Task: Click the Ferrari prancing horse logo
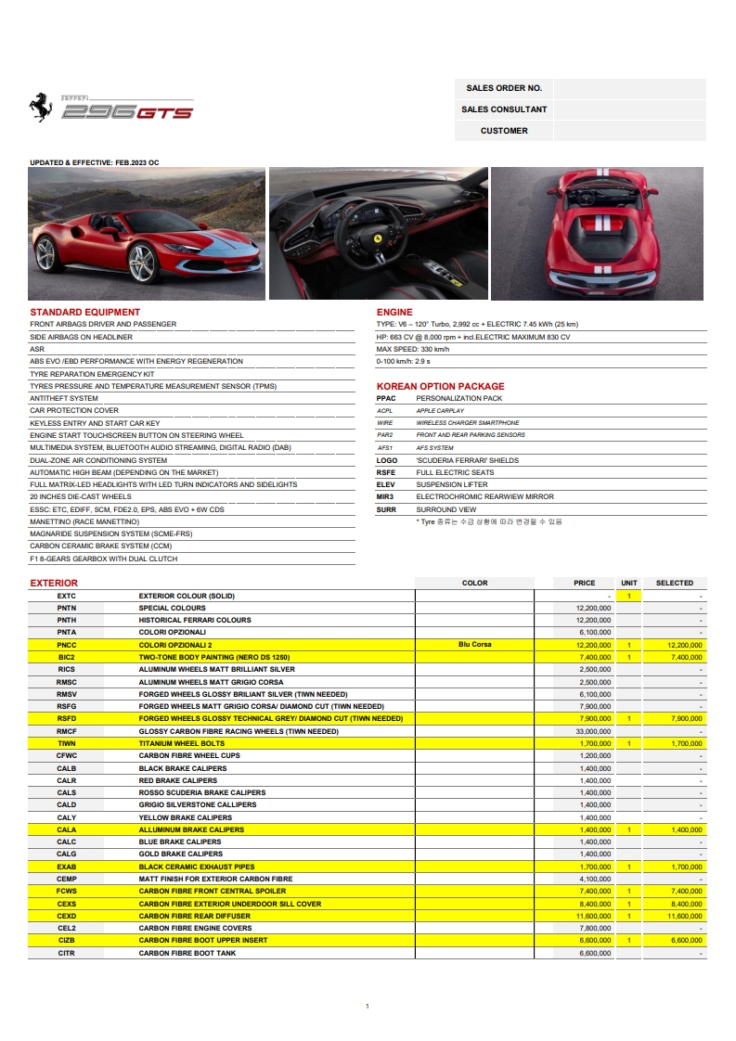coord(39,108)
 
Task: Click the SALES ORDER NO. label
coord(504,88)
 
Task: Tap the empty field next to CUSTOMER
coord(629,131)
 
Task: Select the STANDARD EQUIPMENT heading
coord(85,312)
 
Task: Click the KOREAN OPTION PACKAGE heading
coord(440,386)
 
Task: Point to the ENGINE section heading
coord(394,312)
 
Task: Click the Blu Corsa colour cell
coord(474,644)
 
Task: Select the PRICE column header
coord(585,583)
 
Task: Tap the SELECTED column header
coord(675,583)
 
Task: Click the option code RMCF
coord(66,731)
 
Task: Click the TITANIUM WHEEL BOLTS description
coord(182,743)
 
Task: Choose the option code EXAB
coord(66,867)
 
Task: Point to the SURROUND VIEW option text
coord(446,509)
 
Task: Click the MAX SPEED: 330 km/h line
coord(413,349)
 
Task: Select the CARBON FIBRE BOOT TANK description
coord(187,953)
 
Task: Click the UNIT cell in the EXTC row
coord(628,595)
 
